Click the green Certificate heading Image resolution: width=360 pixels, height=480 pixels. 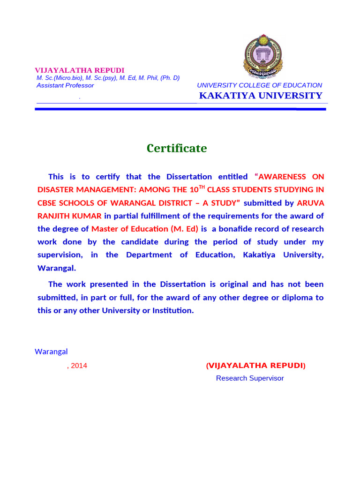[176, 148]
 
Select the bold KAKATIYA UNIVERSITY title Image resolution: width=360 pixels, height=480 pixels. [261, 96]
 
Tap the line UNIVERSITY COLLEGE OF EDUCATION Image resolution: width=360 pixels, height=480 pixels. [259, 85]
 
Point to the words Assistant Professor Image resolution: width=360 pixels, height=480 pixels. [65, 85]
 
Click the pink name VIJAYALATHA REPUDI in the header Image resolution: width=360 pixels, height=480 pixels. [80, 70]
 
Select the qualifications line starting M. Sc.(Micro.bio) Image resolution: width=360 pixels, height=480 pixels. [108, 78]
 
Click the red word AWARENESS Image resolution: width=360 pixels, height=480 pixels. [282, 177]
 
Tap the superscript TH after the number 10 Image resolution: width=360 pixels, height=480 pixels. [202, 187]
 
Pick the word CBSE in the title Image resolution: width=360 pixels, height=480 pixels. [48, 203]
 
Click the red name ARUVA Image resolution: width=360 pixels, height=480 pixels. [310, 203]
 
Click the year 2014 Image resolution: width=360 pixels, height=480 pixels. [79, 366]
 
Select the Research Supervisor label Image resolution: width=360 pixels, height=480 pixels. [249, 378]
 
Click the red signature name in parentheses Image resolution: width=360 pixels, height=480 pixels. [255, 366]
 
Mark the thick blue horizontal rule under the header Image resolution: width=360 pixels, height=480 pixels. [180, 109]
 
